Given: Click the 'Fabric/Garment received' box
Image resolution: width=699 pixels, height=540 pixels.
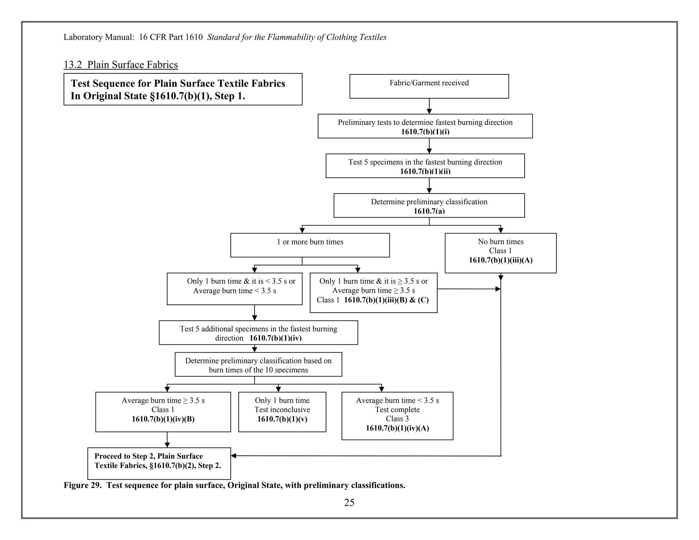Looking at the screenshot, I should click(429, 86).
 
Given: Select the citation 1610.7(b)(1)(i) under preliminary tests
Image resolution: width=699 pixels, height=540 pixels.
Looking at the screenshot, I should click(425, 132).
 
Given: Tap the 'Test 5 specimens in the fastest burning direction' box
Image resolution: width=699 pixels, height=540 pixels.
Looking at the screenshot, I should click(425, 166).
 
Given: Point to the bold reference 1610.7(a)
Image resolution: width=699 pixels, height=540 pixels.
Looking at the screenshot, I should click(429, 211).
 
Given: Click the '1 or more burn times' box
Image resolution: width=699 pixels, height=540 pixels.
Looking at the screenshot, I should click(310, 245).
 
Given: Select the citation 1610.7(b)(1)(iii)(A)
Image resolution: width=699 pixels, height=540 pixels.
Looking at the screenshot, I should click(500, 260).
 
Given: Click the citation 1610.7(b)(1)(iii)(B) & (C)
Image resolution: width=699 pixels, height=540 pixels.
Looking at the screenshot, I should click(386, 300).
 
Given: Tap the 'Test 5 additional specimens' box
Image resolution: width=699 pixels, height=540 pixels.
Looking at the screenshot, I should click(258, 332).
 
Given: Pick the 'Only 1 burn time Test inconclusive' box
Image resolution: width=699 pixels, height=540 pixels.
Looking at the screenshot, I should click(282, 412).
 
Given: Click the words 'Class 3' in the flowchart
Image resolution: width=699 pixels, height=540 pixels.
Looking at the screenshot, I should click(397, 419).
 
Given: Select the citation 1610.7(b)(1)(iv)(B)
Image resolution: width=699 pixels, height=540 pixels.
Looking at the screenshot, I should click(163, 419).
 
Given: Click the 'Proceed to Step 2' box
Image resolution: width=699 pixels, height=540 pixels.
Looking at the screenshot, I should click(159, 463).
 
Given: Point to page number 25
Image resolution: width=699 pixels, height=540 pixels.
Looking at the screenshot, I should click(349, 502).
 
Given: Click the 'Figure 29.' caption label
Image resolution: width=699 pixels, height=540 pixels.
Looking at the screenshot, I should click(83, 485).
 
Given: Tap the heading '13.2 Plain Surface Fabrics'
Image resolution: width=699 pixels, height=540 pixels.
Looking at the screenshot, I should click(120, 65).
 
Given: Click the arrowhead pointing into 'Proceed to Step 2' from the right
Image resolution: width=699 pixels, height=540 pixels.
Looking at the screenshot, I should click(234, 456).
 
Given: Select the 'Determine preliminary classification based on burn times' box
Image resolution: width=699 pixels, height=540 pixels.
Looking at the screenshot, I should click(258, 365).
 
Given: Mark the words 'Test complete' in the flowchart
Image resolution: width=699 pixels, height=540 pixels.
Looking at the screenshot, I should click(397, 410).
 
